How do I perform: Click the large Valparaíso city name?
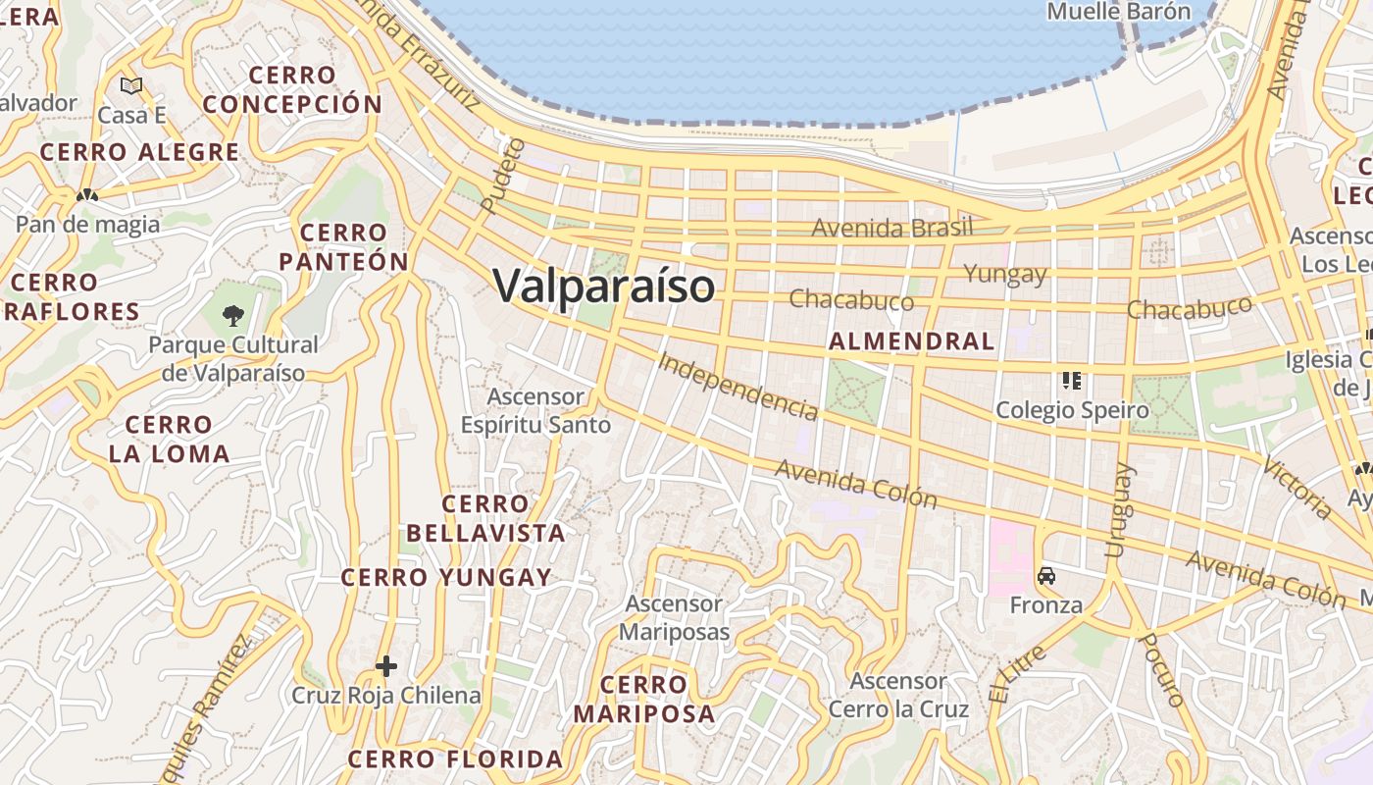pyautogui.click(x=604, y=287)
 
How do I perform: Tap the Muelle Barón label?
pyautogui.click(x=1118, y=12)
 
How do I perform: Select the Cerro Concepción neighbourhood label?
pyautogui.click(x=292, y=89)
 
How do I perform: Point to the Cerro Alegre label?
pyautogui.click(x=139, y=152)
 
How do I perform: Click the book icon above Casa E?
pyautogui.click(x=131, y=85)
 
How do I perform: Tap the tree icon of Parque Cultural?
pyautogui.click(x=232, y=315)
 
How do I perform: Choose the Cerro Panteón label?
pyautogui.click(x=343, y=247)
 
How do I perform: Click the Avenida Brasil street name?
pyautogui.click(x=891, y=228)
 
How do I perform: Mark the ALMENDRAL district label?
pyautogui.click(x=911, y=341)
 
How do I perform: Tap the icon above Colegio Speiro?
pyautogui.click(x=1071, y=380)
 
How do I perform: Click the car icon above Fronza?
pyautogui.click(x=1046, y=576)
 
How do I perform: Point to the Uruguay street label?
pyautogui.click(x=1118, y=510)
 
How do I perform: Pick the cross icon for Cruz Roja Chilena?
pyautogui.click(x=386, y=667)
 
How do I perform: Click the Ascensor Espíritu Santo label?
pyautogui.click(x=536, y=411)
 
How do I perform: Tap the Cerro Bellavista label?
pyautogui.click(x=485, y=519)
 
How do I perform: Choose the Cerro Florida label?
pyautogui.click(x=455, y=759)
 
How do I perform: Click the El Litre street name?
pyautogui.click(x=1017, y=674)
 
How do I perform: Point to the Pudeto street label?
pyautogui.click(x=504, y=176)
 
